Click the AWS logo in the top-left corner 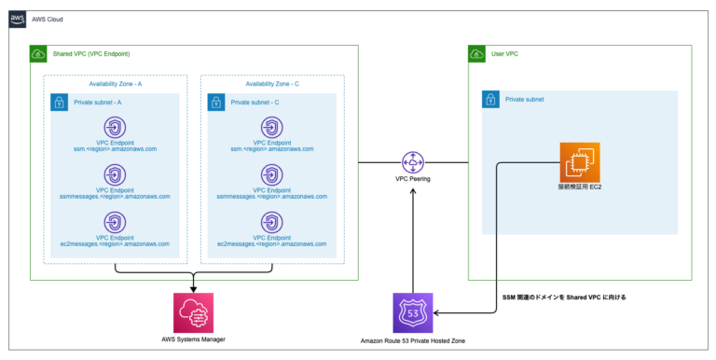click(x=19, y=20)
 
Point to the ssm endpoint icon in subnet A click(x=115, y=128)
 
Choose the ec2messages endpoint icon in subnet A click(x=115, y=222)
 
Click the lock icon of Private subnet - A click(x=60, y=101)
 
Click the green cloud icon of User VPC click(x=475, y=55)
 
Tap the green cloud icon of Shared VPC click(x=38, y=55)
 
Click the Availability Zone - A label click(x=115, y=84)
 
